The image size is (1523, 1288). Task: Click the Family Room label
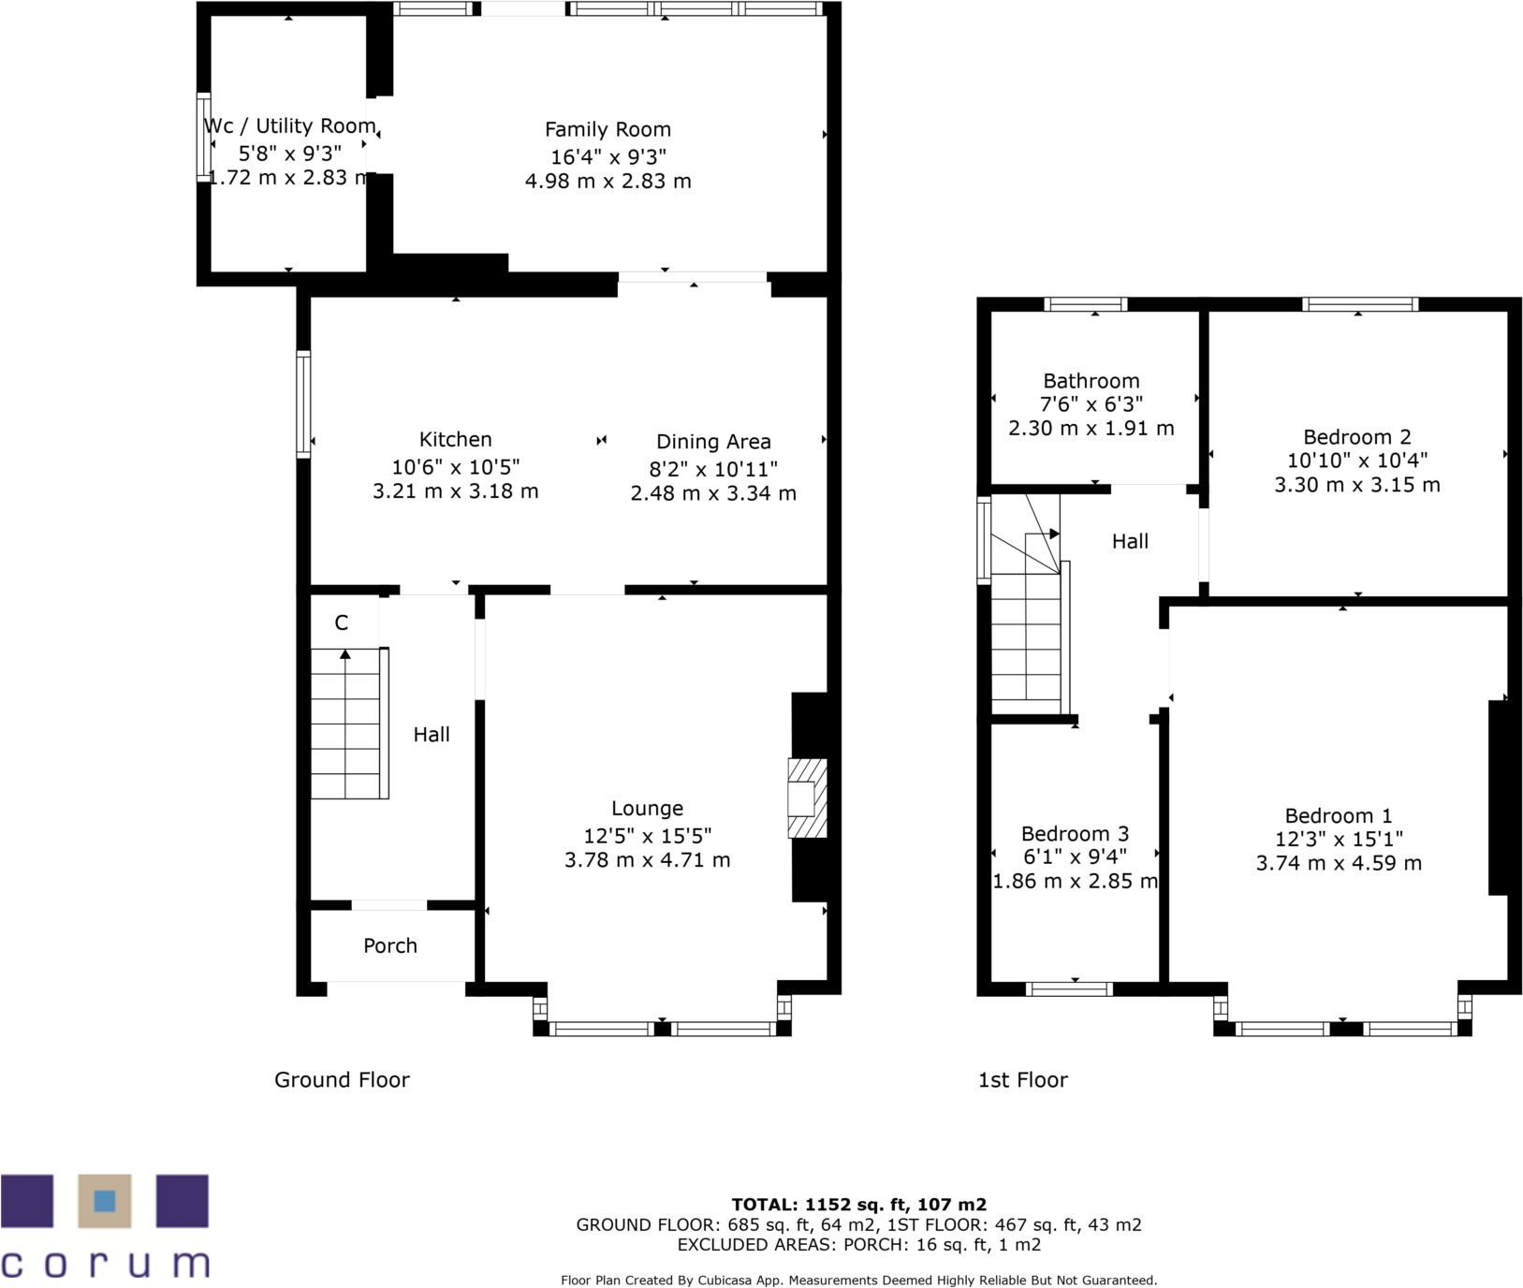608,130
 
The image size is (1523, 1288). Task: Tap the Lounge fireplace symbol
806,798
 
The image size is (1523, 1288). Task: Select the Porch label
390,945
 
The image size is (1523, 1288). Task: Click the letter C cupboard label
342,623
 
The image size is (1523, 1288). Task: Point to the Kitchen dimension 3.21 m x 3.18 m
456,491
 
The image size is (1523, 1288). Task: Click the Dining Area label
713,442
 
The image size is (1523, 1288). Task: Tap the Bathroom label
1091,381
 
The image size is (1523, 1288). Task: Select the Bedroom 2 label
1356,437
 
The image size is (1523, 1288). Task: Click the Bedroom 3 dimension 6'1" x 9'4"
1075,856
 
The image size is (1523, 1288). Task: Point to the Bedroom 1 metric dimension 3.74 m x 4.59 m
1339,863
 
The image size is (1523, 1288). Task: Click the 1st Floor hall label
1130,541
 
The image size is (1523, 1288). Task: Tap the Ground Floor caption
342,1080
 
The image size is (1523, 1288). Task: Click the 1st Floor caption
1022,1080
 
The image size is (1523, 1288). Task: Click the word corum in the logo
105,1265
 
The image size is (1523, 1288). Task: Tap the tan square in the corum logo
105,1201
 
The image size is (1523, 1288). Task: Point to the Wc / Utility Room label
289,126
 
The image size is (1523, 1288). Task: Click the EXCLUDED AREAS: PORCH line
858,1245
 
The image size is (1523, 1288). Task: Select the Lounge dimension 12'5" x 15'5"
647,836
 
